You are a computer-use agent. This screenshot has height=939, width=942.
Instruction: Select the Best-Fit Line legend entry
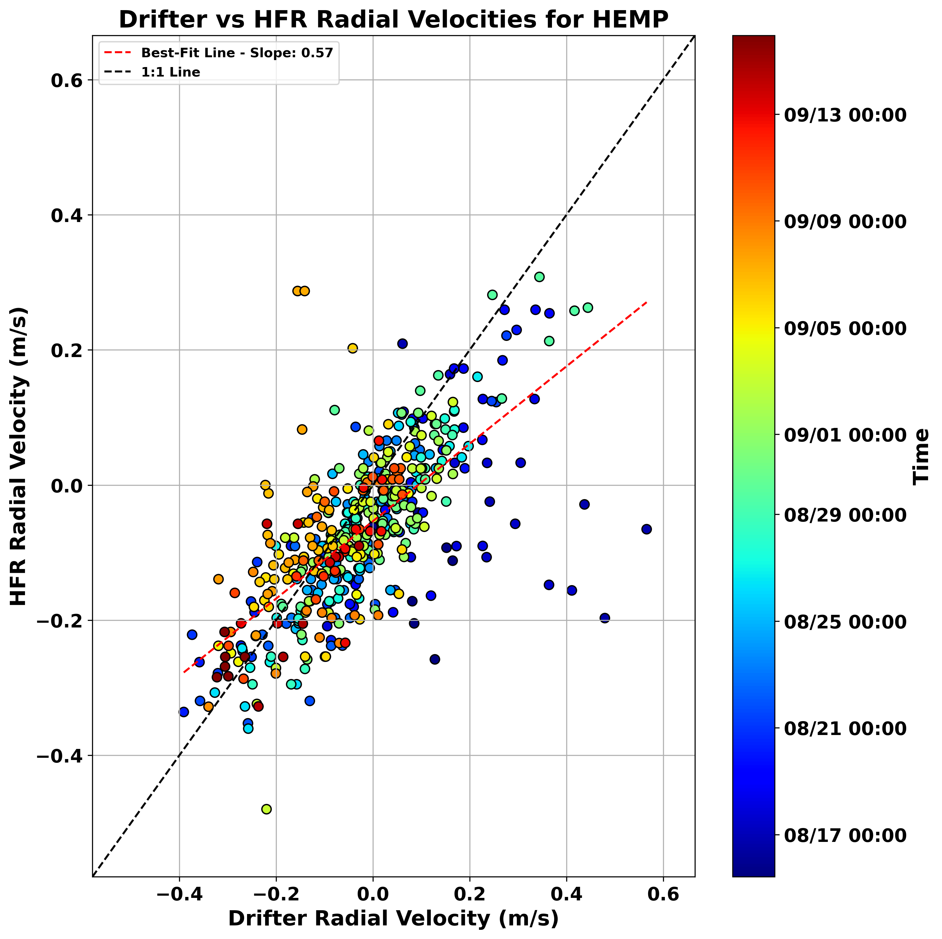(237, 53)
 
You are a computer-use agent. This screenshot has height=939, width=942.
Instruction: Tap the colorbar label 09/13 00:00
(845, 115)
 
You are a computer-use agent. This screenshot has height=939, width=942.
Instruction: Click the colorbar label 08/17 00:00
(845, 835)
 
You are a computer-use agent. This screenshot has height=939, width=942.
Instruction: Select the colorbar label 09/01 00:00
(845, 435)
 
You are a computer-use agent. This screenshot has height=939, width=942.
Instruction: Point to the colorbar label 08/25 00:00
(845, 622)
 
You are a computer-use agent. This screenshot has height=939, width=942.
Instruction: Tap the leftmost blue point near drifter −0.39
(184, 712)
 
